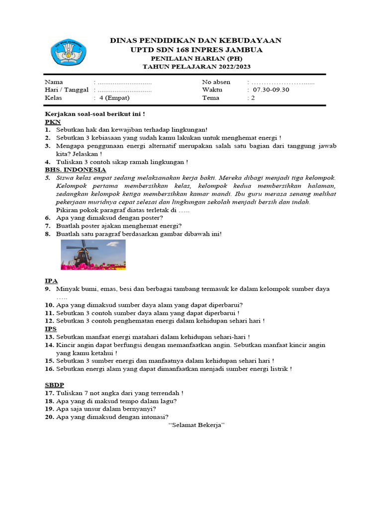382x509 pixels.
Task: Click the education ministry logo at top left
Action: tap(68, 53)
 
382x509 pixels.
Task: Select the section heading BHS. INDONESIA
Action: tap(75, 170)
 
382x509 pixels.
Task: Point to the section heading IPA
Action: tap(51, 281)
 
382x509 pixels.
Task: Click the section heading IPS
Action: tap(51, 329)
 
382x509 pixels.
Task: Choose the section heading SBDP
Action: tap(54, 385)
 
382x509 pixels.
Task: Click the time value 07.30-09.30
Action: tap(271, 90)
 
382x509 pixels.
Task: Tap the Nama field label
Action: tap(54, 82)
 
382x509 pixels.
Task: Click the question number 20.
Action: tap(49, 417)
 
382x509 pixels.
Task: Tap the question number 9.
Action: tap(48, 289)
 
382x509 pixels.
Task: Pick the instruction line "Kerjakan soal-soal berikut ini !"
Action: tap(95, 114)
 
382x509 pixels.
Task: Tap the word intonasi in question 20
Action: tap(153, 417)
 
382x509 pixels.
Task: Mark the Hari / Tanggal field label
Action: tap(66, 90)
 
